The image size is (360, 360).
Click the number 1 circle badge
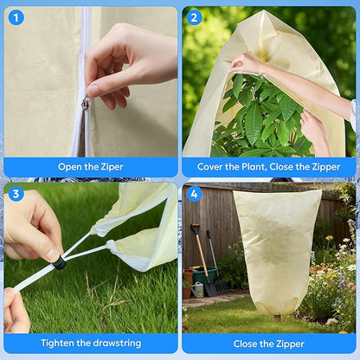[x=16, y=17]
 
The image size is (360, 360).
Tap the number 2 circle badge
[x=194, y=17]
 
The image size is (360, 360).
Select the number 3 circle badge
[x=16, y=194]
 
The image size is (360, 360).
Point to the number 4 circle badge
[x=194, y=194]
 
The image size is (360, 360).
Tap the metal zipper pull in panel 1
[x=85, y=104]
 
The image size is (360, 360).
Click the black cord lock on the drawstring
[x=60, y=260]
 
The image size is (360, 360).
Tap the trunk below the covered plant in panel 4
[x=277, y=316]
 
